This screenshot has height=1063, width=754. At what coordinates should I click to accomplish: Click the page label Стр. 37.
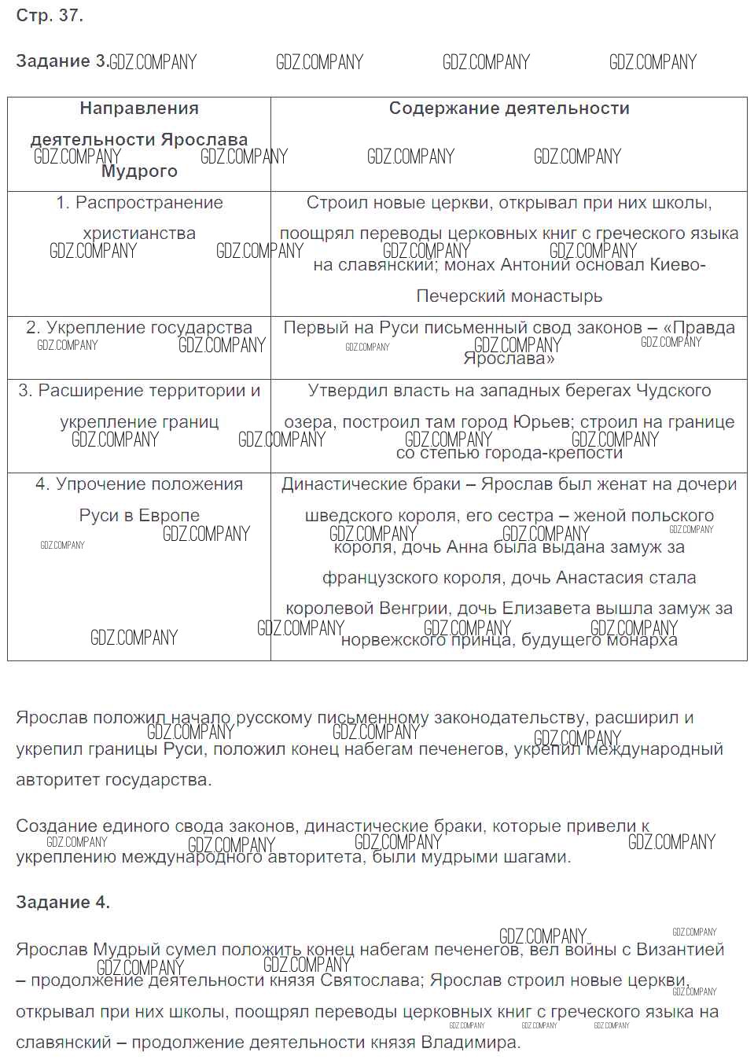(x=50, y=15)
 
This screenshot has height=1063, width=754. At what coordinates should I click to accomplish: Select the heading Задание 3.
(x=62, y=61)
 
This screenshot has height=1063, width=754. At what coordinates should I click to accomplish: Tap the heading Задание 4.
(x=63, y=902)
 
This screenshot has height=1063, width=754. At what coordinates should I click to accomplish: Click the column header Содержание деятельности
(x=509, y=109)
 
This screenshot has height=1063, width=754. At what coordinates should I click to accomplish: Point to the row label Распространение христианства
(x=139, y=218)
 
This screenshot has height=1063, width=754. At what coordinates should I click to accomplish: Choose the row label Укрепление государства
(x=139, y=328)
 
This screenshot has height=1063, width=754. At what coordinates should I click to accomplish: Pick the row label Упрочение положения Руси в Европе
(x=139, y=499)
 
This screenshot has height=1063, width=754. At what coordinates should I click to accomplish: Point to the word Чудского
(x=674, y=391)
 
